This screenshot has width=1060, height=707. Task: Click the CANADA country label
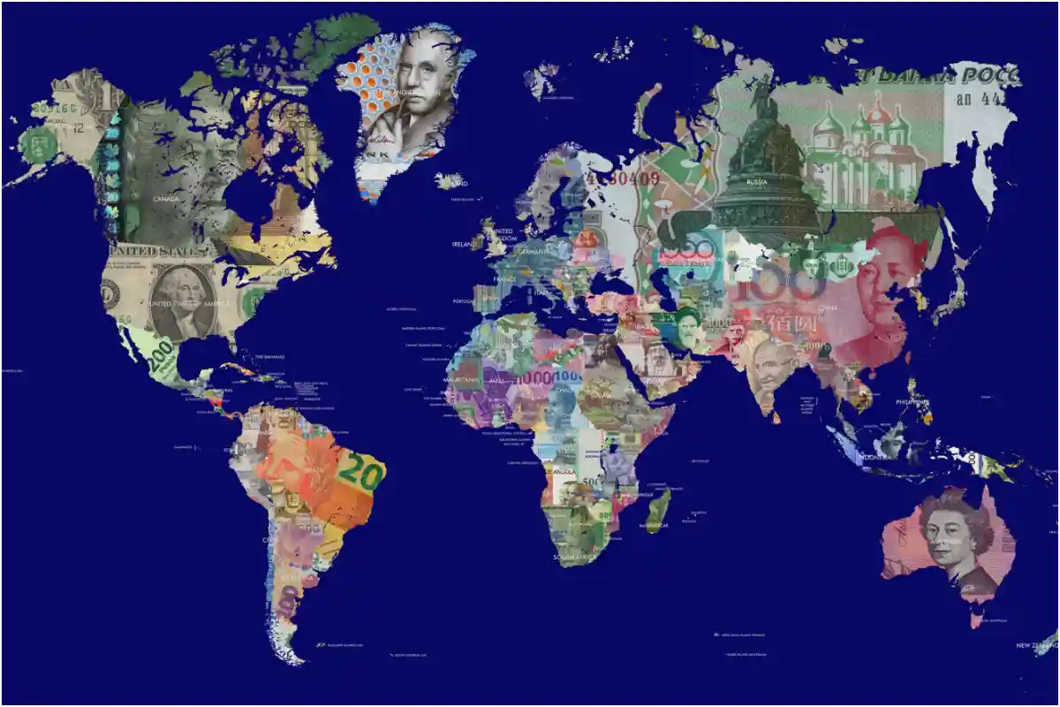click(x=166, y=199)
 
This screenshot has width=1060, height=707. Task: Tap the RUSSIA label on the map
click(x=756, y=181)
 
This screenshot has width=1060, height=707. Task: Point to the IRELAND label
click(x=463, y=244)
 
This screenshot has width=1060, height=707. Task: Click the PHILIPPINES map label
click(x=912, y=401)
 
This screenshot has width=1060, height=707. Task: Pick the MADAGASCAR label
click(x=655, y=525)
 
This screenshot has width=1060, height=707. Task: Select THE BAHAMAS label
click(x=269, y=357)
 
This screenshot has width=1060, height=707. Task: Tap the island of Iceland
click(x=450, y=181)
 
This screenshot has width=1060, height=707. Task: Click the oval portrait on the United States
click(x=182, y=300)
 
